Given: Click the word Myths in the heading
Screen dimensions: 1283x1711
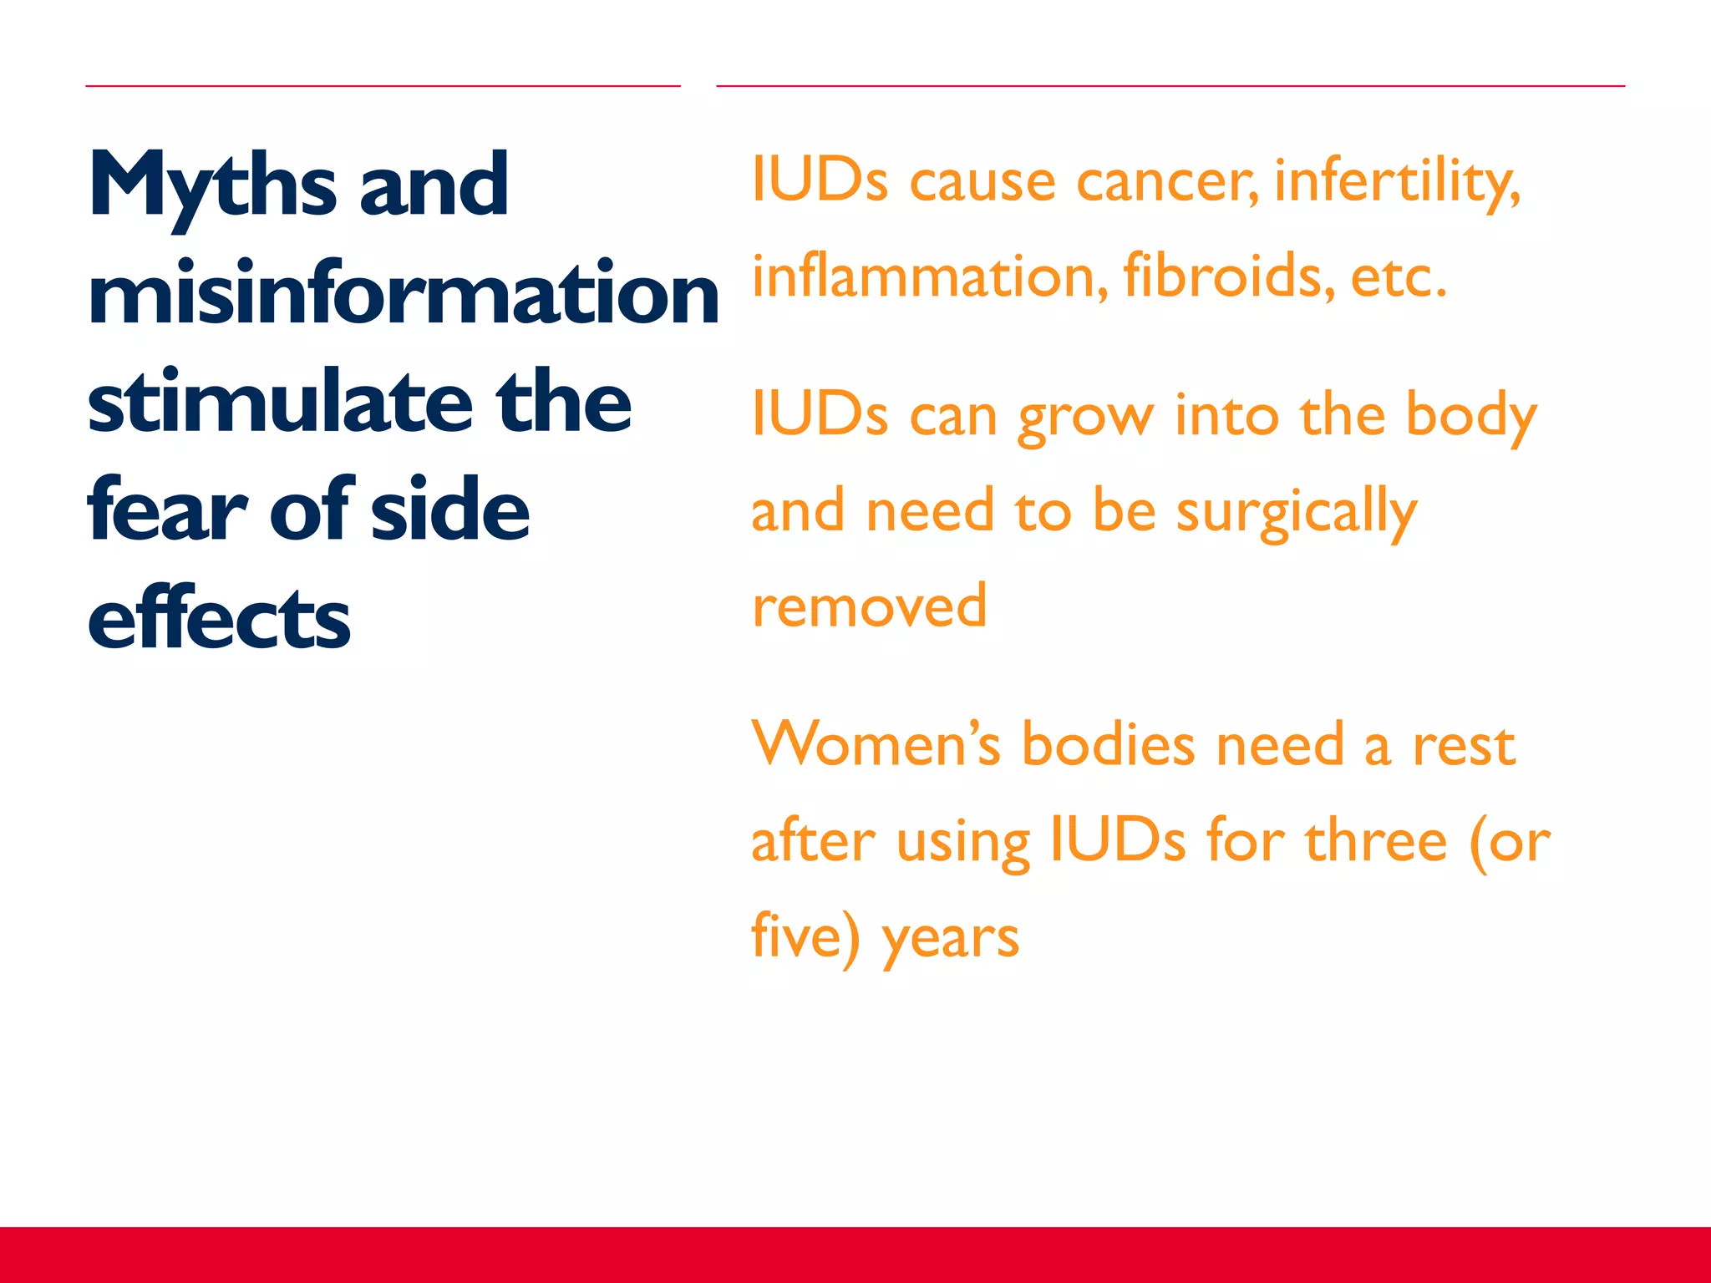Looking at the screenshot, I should click(212, 185).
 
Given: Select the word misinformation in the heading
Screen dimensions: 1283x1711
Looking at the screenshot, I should click(403, 294).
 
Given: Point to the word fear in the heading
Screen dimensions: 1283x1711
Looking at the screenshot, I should click(167, 511).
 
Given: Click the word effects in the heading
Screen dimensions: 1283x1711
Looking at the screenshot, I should click(219, 620).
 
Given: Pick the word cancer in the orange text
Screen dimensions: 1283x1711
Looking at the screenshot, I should click(1166, 182).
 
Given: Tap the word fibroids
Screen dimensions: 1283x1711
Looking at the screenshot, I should click(1228, 276).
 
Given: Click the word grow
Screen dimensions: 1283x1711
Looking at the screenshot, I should click(1085, 418).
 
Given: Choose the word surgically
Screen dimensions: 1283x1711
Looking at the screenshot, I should click(1296, 512).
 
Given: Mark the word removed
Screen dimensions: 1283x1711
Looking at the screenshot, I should click(869, 606).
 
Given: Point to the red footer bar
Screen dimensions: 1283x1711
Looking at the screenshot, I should click(855, 1255).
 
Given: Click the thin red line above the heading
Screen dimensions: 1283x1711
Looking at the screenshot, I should click(383, 85).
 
